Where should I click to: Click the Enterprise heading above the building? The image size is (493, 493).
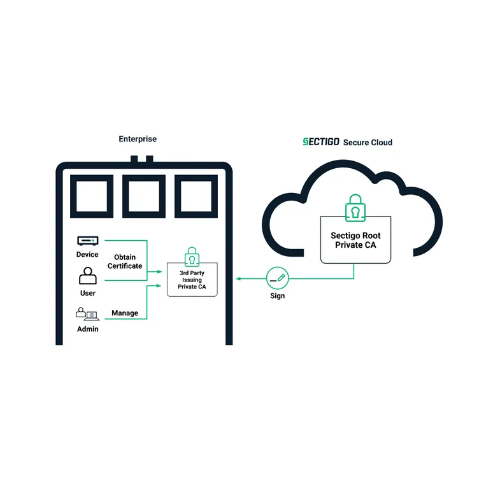click(x=138, y=139)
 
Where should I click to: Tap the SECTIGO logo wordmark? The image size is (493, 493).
click(x=320, y=142)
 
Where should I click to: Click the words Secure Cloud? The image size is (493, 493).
click(x=368, y=143)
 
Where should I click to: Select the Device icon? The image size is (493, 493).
click(x=87, y=241)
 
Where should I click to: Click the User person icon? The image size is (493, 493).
click(x=87, y=276)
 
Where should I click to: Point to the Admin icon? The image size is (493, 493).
click(x=87, y=314)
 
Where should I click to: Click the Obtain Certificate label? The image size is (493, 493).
click(x=125, y=261)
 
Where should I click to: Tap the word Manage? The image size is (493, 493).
click(x=125, y=313)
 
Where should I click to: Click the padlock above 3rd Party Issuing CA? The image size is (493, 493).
click(x=192, y=257)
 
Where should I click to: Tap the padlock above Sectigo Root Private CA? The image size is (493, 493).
click(x=355, y=208)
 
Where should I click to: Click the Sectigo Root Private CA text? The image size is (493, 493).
click(x=355, y=240)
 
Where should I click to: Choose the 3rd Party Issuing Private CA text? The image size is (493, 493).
click(x=192, y=280)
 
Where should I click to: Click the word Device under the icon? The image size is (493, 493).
click(x=87, y=255)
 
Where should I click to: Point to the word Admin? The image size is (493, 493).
click(x=88, y=329)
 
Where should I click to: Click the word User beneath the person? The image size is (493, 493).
click(x=88, y=293)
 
